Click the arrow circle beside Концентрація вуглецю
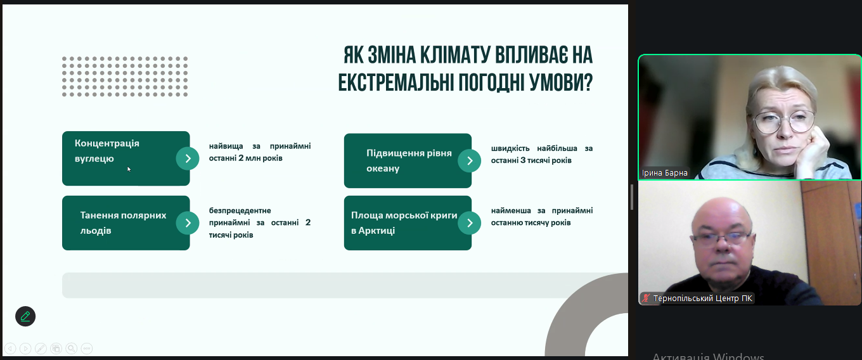tap(188, 158)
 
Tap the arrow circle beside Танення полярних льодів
tap(188, 223)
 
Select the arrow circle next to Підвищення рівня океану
tap(470, 161)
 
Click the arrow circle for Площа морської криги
tap(470, 223)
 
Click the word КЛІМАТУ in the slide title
tap(454, 55)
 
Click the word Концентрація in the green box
tap(107, 143)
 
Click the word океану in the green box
tap(383, 169)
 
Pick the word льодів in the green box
tap(96, 231)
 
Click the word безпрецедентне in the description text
tap(240, 211)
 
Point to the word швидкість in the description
tap(510, 148)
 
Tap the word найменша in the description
tap(511, 210)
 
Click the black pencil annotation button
tap(25, 316)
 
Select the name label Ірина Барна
tap(665, 173)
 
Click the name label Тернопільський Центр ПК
tap(702, 299)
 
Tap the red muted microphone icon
tap(646, 298)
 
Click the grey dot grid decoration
tap(125, 77)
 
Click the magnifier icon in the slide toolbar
tap(71, 349)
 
